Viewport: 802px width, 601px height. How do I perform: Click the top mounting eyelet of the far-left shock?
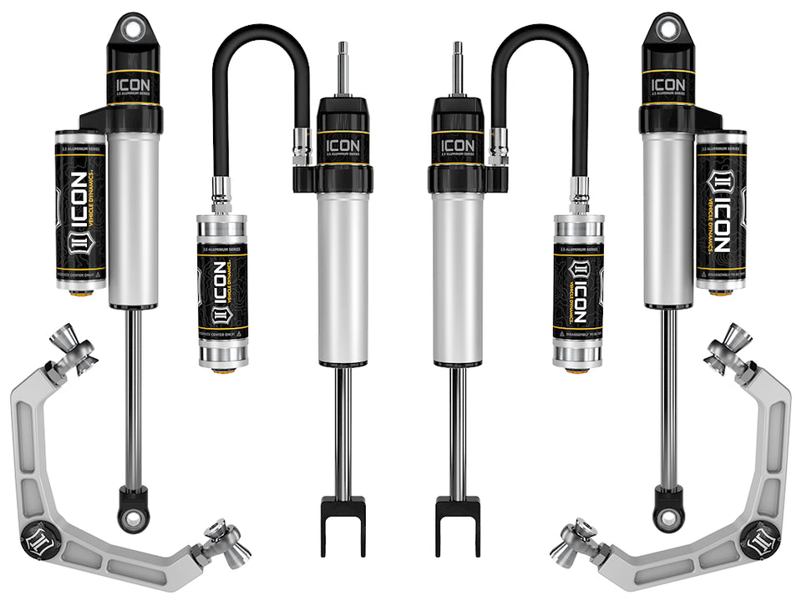[132, 28]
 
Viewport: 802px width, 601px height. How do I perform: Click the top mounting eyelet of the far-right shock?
[667, 28]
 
